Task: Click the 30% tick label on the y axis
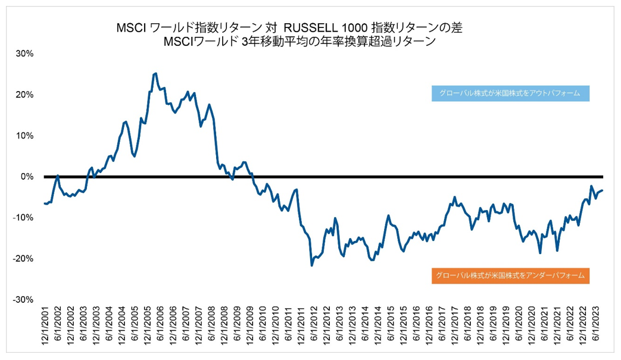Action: [x=25, y=53]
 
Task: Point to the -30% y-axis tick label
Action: [x=24, y=299]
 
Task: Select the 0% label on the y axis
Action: [x=27, y=177]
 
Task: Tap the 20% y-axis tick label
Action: [x=25, y=95]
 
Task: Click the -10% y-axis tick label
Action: [x=24, y=218]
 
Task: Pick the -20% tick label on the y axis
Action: [x=24, y=259]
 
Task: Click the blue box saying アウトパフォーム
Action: [x=510, y=94]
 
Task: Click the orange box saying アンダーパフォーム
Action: [x=510, y=276]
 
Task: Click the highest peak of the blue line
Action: [x=155, y=73]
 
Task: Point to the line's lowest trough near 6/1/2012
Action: [x=312, y=265]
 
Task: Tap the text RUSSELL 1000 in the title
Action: [x=320, y=28]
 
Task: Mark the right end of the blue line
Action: [x=603, y=190]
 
